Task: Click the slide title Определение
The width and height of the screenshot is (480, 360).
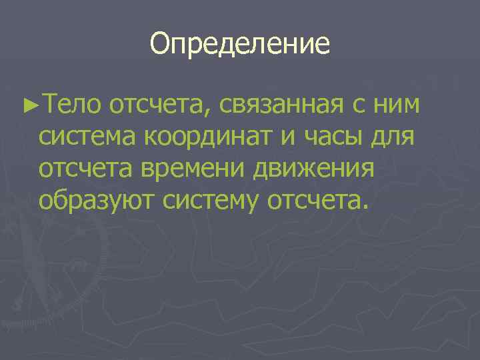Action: point(240,44)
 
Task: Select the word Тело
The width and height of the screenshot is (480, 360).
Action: point(68,105)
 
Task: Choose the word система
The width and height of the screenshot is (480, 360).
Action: point(87,138)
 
